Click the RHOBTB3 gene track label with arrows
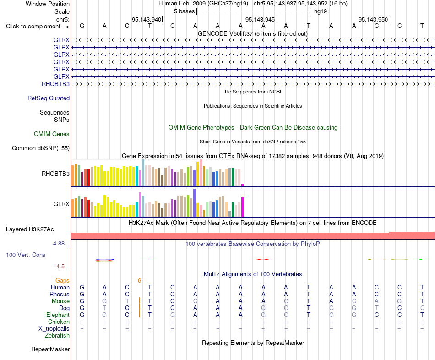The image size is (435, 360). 55,84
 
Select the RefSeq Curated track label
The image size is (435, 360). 49,98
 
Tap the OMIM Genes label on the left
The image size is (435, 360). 52,134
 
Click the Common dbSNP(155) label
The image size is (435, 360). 41,148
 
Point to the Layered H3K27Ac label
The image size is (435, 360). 30,229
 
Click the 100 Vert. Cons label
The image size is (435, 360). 26,255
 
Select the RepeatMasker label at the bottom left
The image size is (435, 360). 50,349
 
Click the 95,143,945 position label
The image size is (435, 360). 260,19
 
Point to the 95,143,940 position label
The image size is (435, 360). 147,19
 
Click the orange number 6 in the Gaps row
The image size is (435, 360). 139,281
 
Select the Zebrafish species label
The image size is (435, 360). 57,335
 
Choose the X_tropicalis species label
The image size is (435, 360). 54,329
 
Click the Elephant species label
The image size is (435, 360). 58,315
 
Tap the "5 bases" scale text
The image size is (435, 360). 184,11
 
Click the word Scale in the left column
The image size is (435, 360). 62,11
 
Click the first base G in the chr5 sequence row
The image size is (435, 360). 82,26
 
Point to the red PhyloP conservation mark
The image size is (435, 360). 263,260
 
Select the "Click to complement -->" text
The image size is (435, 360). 38,27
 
